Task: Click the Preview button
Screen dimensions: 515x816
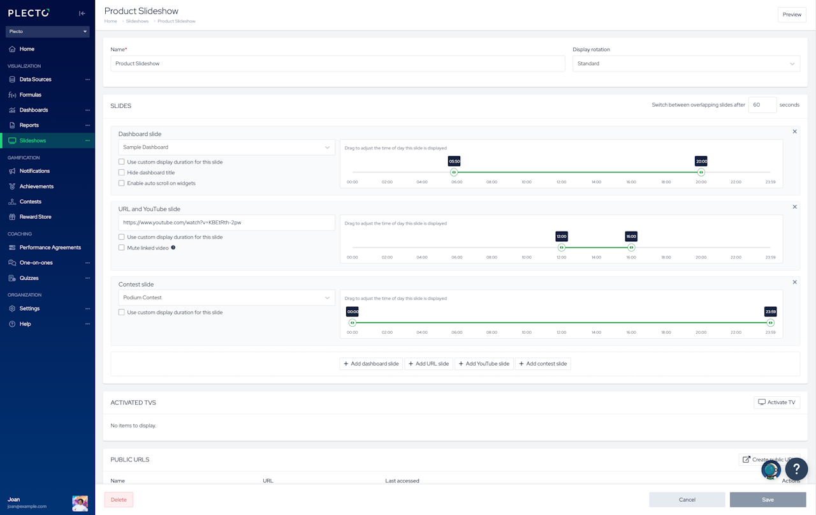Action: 792,15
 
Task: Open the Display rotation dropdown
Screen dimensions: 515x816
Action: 686,64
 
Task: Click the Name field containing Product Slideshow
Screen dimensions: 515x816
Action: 337,64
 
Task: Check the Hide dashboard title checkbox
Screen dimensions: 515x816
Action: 122,173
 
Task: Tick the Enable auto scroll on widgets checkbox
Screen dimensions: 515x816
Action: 122,183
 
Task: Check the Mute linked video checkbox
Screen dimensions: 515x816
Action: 122,248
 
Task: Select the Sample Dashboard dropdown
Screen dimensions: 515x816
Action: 226,147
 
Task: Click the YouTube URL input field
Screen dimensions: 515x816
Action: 226,223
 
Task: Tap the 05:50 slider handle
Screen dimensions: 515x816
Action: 454,172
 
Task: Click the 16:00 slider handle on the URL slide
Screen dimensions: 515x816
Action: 631,248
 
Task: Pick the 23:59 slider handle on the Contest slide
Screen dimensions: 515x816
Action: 770,323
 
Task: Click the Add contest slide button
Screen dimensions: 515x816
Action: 543,364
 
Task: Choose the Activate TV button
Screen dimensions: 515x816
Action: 776,403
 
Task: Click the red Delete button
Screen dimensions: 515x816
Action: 119,500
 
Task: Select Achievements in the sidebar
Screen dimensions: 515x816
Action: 36,186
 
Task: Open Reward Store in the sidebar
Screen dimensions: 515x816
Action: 35,217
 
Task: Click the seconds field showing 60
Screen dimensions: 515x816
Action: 762,105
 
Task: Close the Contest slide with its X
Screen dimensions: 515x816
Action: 794,282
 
